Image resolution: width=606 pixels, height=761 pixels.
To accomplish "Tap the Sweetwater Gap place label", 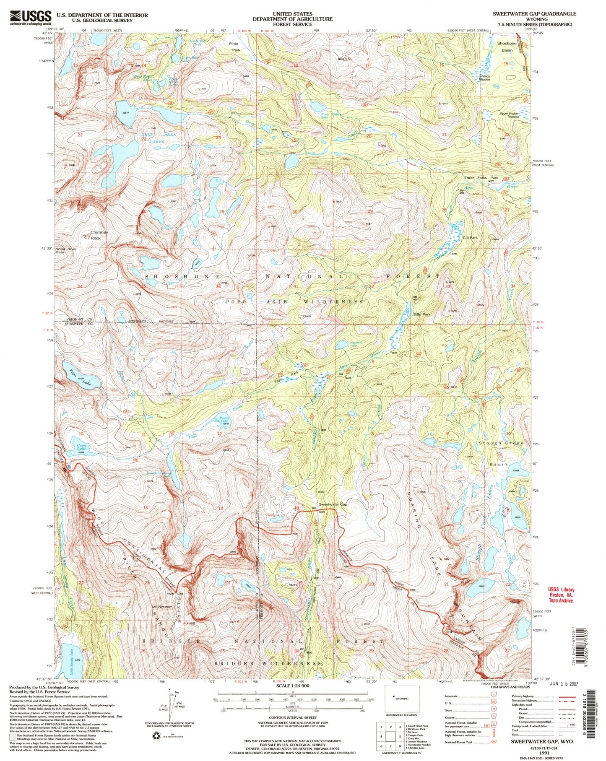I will click(333, 504).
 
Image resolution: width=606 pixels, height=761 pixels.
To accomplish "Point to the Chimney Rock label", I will click(99, 235).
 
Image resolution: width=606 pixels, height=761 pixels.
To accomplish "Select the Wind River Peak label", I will click(66, 251).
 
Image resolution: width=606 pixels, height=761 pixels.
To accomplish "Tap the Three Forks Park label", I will click(481, 178).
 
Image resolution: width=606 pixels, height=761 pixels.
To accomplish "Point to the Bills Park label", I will click(422, 314).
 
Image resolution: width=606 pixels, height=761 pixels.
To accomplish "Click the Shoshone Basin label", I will click(507, 47).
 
